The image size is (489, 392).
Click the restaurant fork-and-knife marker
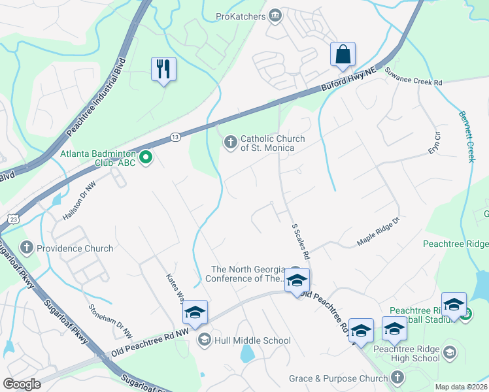[x=163, y=69]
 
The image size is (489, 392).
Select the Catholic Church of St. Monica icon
[x=230, y=142]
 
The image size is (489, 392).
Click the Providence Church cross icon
[x=26, y=248]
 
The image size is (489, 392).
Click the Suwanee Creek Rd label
[x=413, y=77]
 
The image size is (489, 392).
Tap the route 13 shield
[x=175, y=137]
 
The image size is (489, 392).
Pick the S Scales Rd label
[x=300, y=241]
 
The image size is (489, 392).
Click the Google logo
[x=22, y=384]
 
